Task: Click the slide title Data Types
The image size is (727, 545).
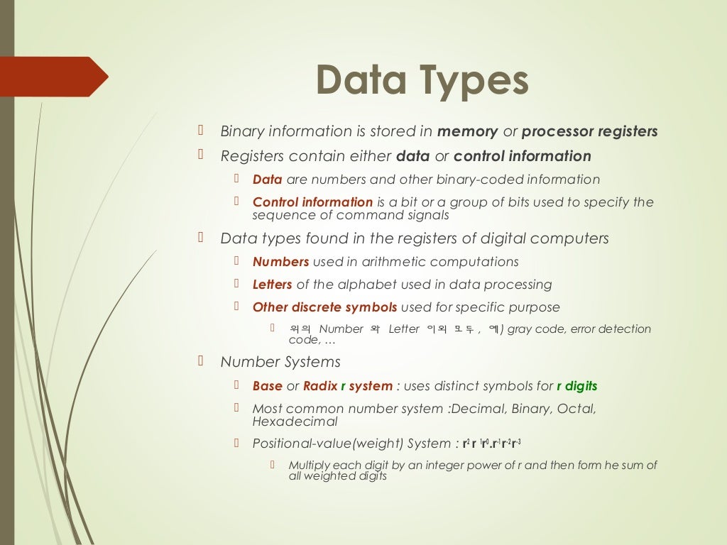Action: pyautogui.click(x=422, y=80)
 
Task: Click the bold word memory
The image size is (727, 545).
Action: pyautogui.click(x=468, y=132)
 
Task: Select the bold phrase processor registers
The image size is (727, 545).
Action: pyautogui.click(x=589, y=132)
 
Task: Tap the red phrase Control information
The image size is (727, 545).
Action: pyautogui.click(x=312, y=202)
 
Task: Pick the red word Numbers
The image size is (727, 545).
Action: pyautogui.click(x=280, y=262)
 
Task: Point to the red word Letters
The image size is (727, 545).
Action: pyautogui.click(x=272, y=285)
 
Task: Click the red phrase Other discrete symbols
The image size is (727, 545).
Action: pyautogui.click(x=324, y=307)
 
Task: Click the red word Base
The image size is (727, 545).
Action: pyautogui.click(x=267, y=386)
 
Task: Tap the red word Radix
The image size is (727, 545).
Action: pyautogui.click(x=320, y=386)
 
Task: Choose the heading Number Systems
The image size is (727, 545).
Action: pyautogui.click(x=280, y=362)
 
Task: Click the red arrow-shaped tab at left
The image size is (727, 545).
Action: pyautogui.click(x=53, y=77)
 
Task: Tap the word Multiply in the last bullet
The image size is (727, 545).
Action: pyautogui.click(x=310, y=466)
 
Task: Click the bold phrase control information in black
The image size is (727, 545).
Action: pyautogui.click(x=522, y=156)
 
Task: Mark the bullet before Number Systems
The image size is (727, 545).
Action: pyautogui.click(x=201, y=360)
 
